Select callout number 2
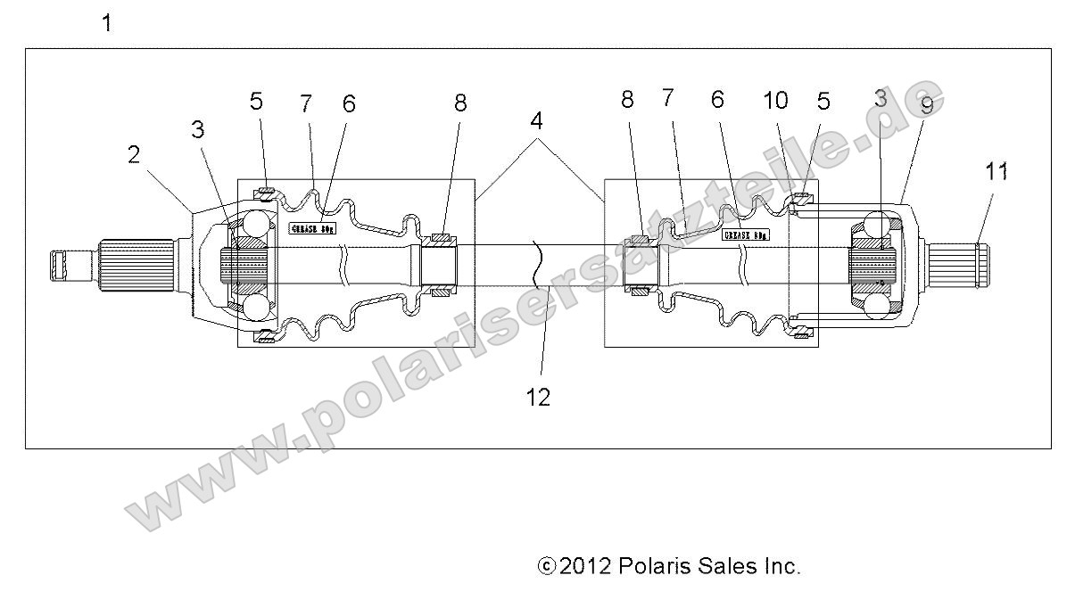[x=134, y=155]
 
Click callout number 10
[x=775, y=101]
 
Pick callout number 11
[x=996, y=170]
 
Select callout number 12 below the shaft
[x=538, y=397]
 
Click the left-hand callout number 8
[x=459, y=103]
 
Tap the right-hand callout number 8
[x=627, y=100]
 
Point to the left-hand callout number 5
[x=256, y=101]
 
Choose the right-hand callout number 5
[x=823, y=102]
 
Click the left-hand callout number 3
[x=197, y=129]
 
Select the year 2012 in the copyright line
[x=584, y=566]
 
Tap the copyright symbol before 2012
[x=547, y=566]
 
